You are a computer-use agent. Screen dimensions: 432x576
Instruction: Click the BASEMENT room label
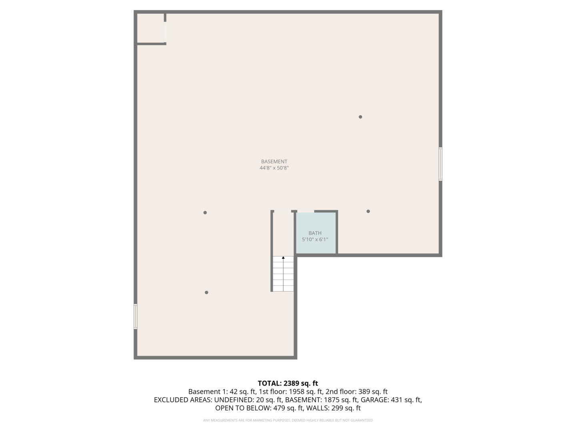(274, 162)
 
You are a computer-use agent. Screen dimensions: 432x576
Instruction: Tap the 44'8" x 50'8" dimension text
(274, 168)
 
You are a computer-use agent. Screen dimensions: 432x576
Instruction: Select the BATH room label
(315, 233)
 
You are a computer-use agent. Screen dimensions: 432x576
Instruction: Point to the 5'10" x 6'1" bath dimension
(315, 240)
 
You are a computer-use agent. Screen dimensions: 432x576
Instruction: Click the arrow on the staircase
(283, 258)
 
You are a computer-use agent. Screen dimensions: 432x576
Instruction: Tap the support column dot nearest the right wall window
(360, 117)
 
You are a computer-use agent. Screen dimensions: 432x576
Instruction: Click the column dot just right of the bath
(368, 211)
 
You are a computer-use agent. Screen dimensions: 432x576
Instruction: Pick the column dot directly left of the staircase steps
(206, 292)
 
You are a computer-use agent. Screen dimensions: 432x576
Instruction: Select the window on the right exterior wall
(440, 164)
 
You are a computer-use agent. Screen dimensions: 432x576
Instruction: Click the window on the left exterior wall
(136, 316)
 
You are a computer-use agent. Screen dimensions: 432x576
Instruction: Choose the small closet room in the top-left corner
(150, 28)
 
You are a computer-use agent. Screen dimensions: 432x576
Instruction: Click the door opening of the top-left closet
(165, 32)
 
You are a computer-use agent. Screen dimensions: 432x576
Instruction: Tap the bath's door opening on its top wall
(306, 211)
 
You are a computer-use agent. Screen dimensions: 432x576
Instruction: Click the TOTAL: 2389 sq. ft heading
(288, 384)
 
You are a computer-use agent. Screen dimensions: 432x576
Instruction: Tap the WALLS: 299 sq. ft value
(340, 408)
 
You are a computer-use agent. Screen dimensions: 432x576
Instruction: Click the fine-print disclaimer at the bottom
(288, 420)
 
